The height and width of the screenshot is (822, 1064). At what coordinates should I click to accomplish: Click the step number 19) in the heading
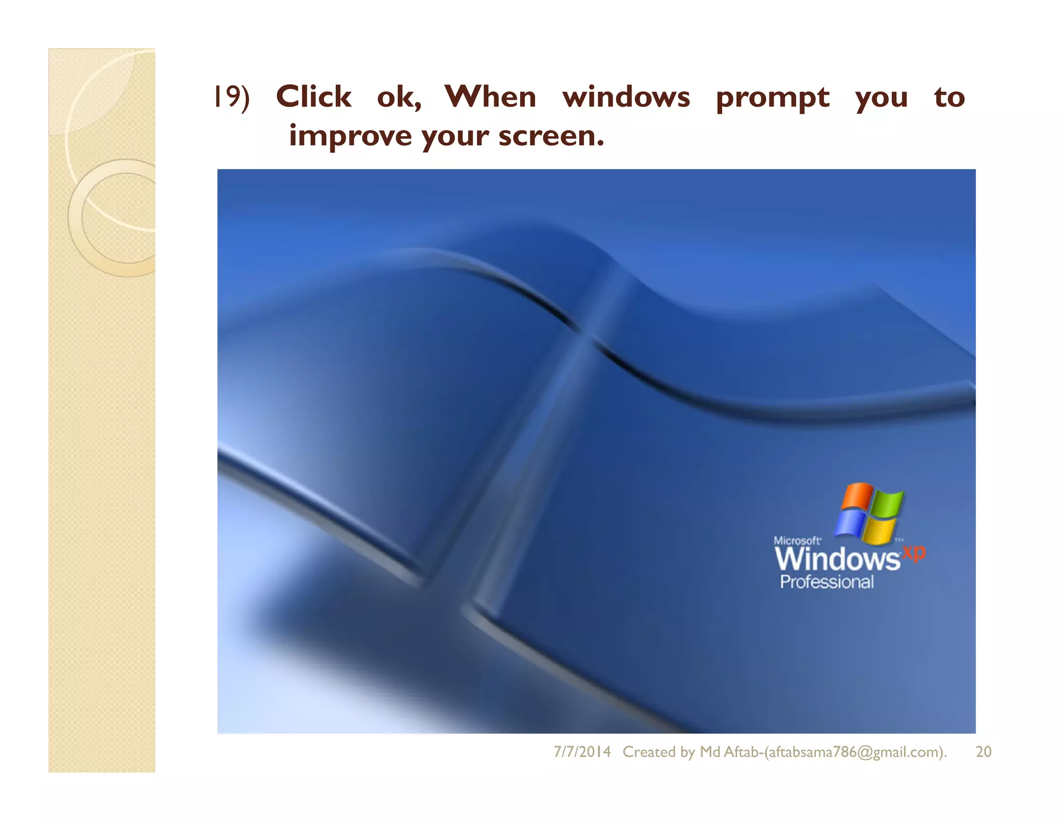pyautogui.click(x=232, y=97)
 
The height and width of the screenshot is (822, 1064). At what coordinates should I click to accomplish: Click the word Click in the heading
pyautogui.click(x=313, y=97)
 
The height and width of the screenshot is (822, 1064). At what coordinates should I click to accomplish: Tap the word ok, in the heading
pyautogui.click(x=399, y=98)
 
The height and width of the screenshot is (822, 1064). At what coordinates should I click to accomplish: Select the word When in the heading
pyautogui.click(x=490, y=97)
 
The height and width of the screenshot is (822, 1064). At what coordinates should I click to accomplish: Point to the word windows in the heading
pyautogui.click(x=626, y=97)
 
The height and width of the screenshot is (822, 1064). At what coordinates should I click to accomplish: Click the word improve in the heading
pyautogui.click(x=351, y=136)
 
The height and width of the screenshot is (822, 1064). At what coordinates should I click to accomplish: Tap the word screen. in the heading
pyautogui.click(x=551, y=136)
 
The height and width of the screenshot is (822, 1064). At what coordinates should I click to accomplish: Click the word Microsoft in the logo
pyautogui.click(x=797, y=540)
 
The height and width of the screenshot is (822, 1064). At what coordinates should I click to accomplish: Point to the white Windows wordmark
pyautogui.click(x=837, y=559)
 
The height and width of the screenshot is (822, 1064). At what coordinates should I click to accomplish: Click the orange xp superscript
pyautogui.click(x=914, y=552)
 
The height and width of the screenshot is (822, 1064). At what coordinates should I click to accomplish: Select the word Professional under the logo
pyautogui.click(x=827, y=582)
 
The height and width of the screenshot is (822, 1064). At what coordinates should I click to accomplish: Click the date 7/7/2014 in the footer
pyautogui.click(x=582, y=752)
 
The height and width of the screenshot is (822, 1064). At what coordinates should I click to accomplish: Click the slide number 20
pyautogui.click(x=983, y=752)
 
